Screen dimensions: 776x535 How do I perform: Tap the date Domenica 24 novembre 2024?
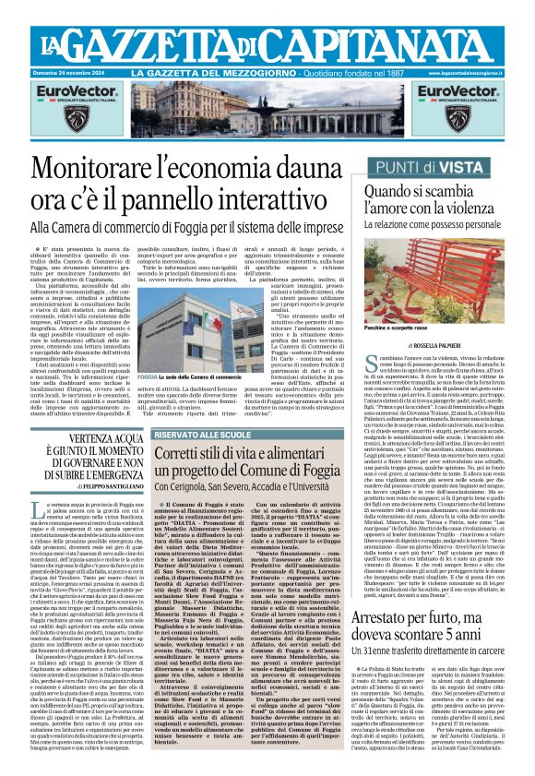[x=68, y=72]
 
